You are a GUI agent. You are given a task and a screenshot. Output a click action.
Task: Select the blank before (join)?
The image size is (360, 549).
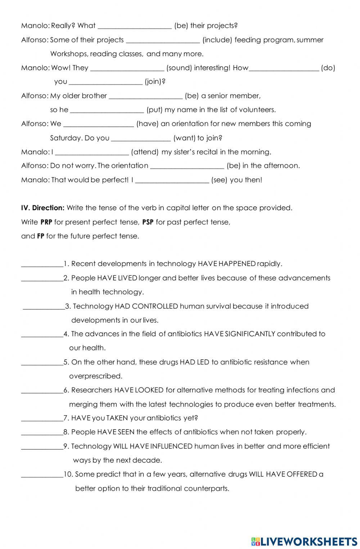105,82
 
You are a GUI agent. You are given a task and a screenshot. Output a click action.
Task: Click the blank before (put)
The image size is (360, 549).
107,110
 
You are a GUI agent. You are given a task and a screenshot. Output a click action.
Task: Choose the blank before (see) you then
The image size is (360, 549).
172,180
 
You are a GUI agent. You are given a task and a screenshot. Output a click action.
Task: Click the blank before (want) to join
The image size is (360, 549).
141,138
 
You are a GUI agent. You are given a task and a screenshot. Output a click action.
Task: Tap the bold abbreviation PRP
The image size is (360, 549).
46,222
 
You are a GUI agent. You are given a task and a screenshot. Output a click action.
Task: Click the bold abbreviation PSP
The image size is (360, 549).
148,222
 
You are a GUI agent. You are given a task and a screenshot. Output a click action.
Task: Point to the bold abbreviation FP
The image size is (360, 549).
40,236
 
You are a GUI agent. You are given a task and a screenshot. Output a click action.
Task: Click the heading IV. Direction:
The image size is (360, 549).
43,208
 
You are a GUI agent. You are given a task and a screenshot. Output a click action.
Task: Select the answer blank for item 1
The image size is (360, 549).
42,264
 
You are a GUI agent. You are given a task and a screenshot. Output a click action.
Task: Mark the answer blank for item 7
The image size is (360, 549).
42,419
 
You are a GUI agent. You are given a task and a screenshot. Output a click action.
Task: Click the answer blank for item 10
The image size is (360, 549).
42,475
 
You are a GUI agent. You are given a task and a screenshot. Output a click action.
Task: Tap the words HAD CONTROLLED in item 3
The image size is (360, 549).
146,306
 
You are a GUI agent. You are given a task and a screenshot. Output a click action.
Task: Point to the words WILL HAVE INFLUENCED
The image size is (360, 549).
153,446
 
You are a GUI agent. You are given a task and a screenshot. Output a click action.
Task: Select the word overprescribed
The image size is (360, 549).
95,376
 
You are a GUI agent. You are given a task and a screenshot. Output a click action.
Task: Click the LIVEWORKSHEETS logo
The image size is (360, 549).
304,541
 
